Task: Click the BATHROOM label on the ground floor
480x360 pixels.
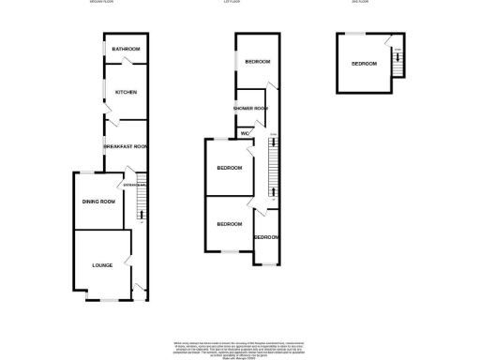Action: click(x=126, y=49)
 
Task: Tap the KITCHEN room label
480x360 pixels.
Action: click(x=127, y=92)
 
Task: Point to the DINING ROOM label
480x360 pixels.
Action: click(x=98, y=202)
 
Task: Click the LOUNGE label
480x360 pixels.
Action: click(x=102, y=265)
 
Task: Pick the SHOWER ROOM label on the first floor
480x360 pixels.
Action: click(x=251, y=109)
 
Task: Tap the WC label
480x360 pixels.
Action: click(x=245, y=133)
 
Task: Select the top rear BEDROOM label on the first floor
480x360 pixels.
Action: click(x=258, y=62)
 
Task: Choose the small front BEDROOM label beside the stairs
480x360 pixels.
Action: click(x=266, y=237)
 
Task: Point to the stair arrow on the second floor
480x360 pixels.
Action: click(x=398, y=66)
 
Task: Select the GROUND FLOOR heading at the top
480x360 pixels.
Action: click(x=122, y=4)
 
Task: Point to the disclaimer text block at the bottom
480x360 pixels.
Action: click(x=240, y=348)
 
